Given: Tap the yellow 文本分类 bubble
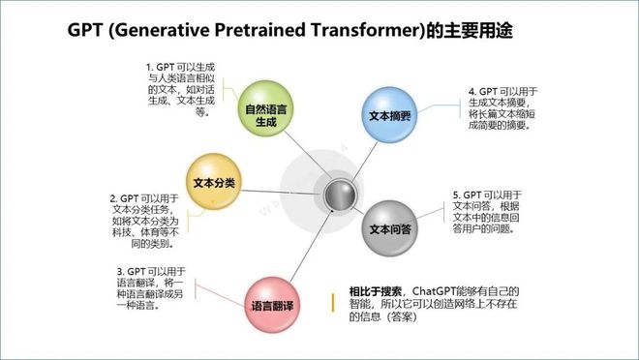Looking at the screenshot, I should [x=215, y=182].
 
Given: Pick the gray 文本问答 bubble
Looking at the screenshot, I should [x=391, y=229].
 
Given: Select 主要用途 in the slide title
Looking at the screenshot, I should [x=476, y=30].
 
